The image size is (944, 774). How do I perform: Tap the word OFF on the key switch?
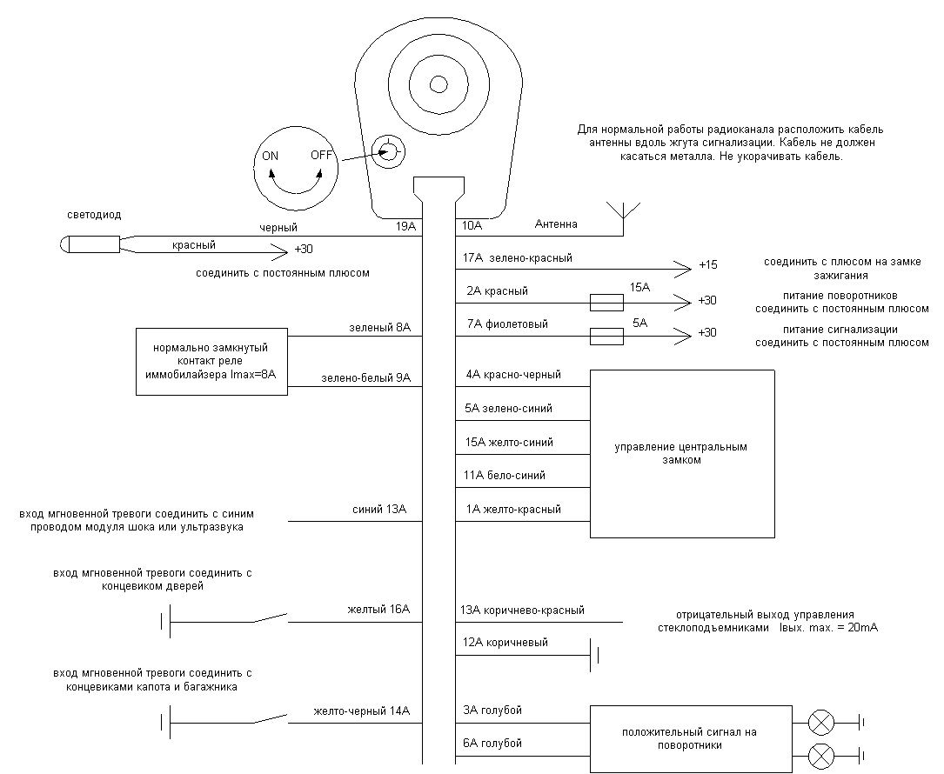[x=322, y=157]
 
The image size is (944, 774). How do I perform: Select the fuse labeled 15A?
[x=606, y=302]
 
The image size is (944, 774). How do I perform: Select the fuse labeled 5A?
[x=606, y=335]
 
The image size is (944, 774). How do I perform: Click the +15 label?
[x=707, y=265]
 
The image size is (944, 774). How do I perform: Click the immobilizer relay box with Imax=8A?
[x=212, y=361]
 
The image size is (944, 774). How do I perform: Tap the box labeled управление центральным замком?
[x=682, y=453]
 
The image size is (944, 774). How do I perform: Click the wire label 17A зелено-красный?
[x=519, y=258]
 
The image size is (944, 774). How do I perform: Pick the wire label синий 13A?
[x=379, y=510]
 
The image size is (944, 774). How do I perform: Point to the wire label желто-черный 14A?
[x=361, y=711]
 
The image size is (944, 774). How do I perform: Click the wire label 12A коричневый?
[x=505, y=642]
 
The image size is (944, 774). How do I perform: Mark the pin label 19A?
[x=406, y=226]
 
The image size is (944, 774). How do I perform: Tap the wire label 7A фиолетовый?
[x=507, y=324]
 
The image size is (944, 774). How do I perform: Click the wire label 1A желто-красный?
[x=513, y=509]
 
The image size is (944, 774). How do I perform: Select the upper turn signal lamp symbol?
[x=822, y=722]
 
